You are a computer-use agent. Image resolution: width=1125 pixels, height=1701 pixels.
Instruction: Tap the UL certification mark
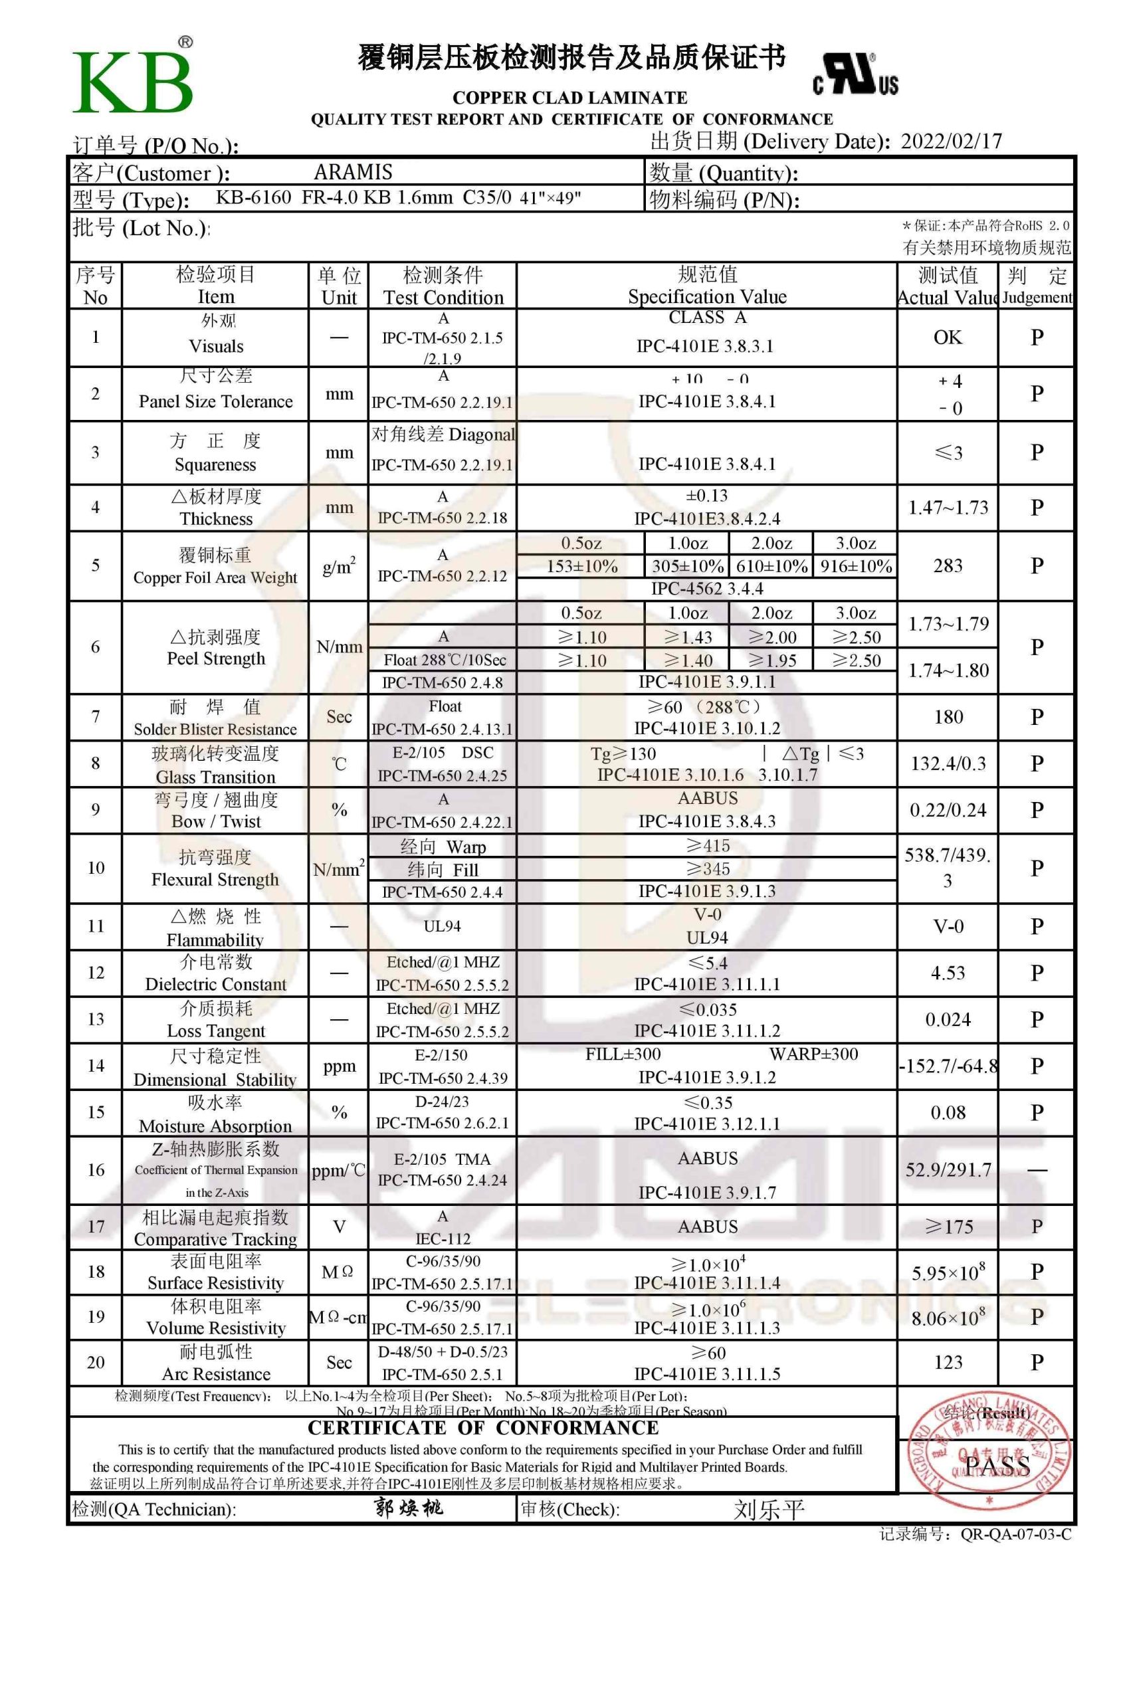coord(855,74)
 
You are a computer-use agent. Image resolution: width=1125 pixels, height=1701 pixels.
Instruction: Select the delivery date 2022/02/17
coord(951,141)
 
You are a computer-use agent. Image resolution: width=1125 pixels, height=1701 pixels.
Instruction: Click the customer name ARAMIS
coord(353,172)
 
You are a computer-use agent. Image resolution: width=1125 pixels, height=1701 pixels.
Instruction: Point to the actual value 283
coord(947,566)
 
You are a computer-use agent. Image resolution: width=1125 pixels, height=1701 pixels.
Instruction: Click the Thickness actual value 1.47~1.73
coord(948,508)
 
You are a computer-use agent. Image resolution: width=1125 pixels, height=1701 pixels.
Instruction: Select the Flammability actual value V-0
coord(947,926)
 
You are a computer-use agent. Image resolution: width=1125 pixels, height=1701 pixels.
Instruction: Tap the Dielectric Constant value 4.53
coord(947,973)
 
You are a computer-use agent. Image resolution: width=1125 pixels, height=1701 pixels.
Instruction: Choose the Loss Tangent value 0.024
coord(947,1019)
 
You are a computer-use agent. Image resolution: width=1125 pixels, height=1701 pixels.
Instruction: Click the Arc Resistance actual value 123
coord(947,1362)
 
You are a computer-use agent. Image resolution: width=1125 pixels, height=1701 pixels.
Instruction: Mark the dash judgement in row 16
coord(1037,1170)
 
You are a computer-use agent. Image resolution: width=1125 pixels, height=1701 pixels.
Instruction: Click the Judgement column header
coord(1037,286)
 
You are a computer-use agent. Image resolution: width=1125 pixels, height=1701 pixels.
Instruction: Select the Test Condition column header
coord(443,286)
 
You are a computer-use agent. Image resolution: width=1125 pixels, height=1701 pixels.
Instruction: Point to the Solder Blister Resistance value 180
coord(947,717)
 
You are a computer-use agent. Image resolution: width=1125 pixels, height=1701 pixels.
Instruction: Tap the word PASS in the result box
coord(997,1465)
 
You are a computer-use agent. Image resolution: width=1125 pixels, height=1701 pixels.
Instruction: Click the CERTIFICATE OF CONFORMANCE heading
coord(483,1427)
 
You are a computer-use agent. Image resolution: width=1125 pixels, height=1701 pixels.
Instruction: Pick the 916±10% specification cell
coord(855,566)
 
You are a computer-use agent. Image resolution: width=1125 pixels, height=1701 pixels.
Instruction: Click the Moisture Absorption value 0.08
coord(947,1113)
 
